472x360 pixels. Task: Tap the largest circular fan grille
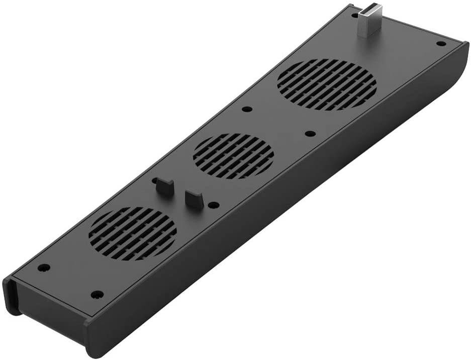pos(326,84)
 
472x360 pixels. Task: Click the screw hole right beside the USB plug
pos(355,16)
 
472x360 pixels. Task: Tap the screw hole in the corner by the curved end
pos(441,43)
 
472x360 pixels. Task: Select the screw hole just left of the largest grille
pos(246,109)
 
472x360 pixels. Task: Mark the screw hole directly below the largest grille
pos(310,134)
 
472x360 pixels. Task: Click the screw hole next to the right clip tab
pos(214,205)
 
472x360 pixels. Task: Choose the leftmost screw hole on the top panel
pos(44,267)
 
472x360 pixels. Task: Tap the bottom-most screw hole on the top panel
pos(97,294)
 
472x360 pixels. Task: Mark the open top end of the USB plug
pos(374,7)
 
